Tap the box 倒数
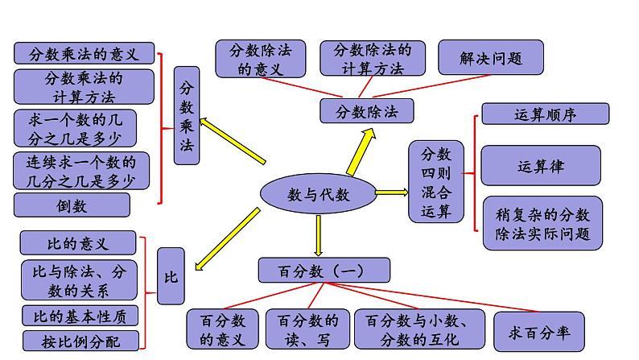click(72, 205)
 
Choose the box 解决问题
click(491, 58)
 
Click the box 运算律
click(540, 167)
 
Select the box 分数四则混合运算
click(436, 183)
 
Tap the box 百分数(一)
click(324, 269)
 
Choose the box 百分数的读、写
click(307, 329)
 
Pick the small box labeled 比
click(170, 276)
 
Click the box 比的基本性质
click(80, 316)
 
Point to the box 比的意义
click(76, 242)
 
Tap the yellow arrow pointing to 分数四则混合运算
click(391, 192)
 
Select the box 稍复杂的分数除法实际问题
click(542, 224)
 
